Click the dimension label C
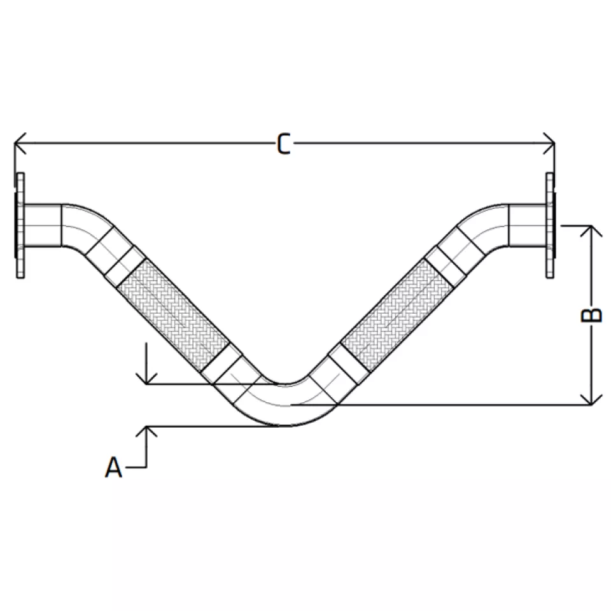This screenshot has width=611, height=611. click(x=284, y=144)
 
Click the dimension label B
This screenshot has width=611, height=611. click(x=591, y=315)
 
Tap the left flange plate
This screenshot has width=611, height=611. click(x=20, y=225)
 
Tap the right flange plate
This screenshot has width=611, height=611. click(x=550, y=225)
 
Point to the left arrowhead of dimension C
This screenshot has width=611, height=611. click(x=20, y=143)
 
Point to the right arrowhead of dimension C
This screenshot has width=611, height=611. click(x=549, y=143)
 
